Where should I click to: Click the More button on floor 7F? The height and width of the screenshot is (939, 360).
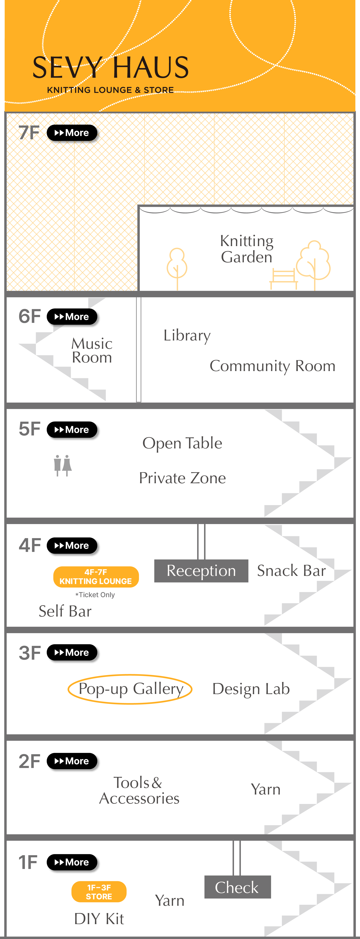click(x=73, y=133)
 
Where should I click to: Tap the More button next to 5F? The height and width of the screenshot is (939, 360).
click(x=73, y=430)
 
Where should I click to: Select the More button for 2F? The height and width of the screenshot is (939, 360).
click(x=73, y=762)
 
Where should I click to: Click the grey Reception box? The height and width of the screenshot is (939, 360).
click(x=201, y=571)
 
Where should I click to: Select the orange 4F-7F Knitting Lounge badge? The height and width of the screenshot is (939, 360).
click(x=96, y=577)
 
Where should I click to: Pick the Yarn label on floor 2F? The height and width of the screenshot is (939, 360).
click(x=266, y=789)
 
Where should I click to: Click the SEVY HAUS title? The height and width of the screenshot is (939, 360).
click(x=110, y=68)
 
